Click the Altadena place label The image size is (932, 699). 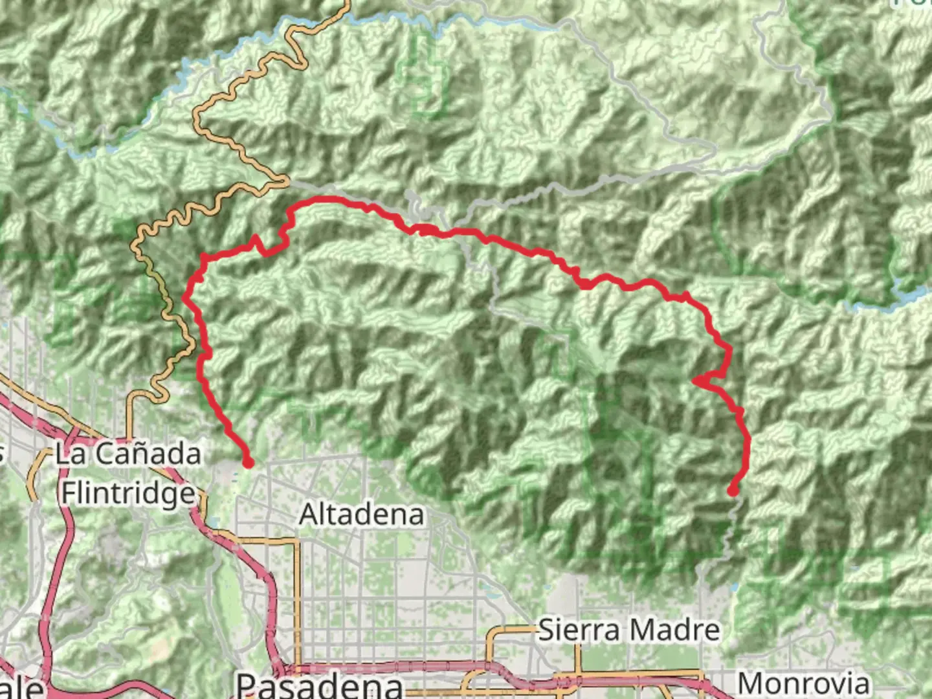point(362,515)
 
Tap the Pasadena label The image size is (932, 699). point(320,685)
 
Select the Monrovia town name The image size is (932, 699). point(803,683)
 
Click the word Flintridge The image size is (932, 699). point(128,494)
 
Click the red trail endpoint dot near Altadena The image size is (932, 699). point(248,462)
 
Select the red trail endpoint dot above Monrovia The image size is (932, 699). point(733,491)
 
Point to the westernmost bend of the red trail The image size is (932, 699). point(186,298)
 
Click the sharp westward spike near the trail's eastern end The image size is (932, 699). point(694,380)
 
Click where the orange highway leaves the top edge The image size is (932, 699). point(348,3)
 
